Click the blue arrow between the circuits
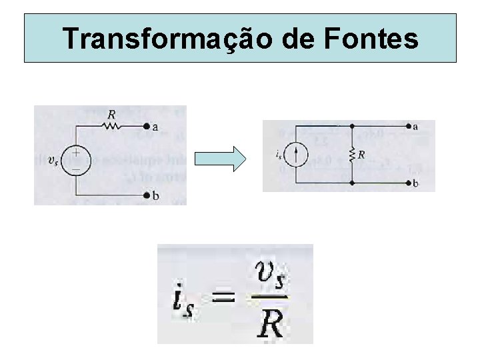(221, 159)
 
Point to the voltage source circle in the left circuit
(77, 160)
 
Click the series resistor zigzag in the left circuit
(111, 125)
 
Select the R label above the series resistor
(111, 115)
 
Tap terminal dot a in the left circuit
(146, 126)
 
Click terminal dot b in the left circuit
(146, 195)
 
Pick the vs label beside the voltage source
(53, 159)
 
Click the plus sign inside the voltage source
(77, 153)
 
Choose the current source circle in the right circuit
(297, 154)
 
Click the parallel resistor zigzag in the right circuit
(351, 154)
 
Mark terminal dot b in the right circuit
(407, 182)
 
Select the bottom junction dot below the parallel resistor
(351, 182)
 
